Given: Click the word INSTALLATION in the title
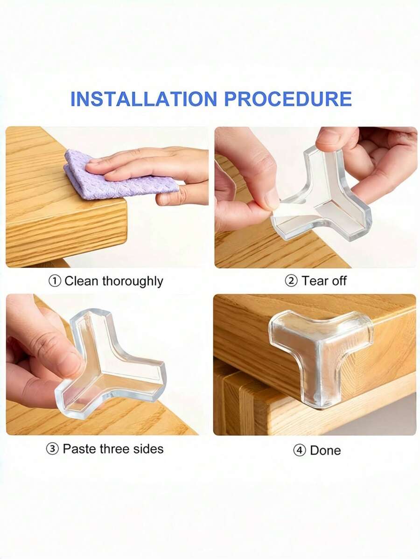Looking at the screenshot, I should click(x=144, y=99).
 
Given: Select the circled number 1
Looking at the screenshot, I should click(x=55, y=281).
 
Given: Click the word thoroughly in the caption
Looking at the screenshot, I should click(x=133, y=281).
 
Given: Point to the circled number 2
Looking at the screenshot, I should click(x=292, y=281).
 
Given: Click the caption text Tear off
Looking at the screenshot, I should click(x=324, y=281).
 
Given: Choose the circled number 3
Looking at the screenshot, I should click(x=52, y=449).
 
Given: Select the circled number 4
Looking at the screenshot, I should click(x=299, y=451).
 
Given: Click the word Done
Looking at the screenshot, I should click(x=325, y=451).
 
